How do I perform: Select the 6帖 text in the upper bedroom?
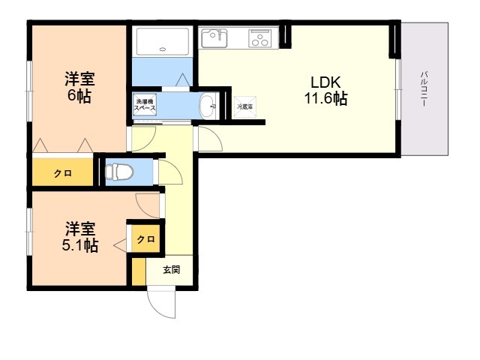[x=79, y=96]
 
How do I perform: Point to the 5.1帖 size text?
[x=79, y=244]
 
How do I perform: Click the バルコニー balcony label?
[x=424, y=88]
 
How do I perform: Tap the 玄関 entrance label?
[x=171, y=270]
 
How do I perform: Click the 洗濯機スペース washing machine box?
[x=145, y=104]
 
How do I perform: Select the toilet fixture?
[x=118, y=172]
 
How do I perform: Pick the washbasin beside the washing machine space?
[x=208, y=106]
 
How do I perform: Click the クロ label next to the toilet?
[x=62, y=173]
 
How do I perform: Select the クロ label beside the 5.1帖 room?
[x=145, y=240]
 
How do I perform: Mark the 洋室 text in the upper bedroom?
[x=79, y=78]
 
